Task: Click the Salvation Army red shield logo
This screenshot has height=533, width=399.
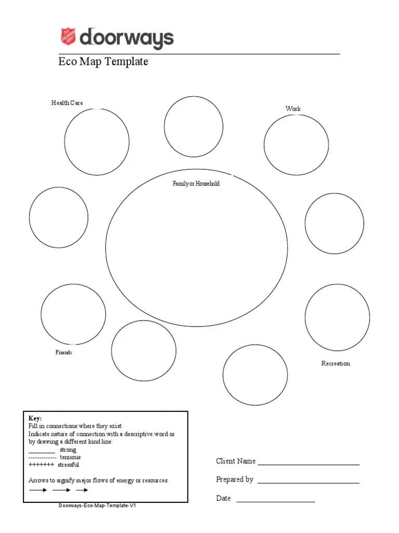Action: [x=68, y=37]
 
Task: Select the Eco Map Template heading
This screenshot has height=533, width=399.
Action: [x=103, y=62]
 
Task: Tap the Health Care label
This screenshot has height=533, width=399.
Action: [x=67, y=103]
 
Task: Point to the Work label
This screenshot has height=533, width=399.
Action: [x=293, y=109]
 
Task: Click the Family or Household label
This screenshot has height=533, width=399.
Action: [x=196, y=184]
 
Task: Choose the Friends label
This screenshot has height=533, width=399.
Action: [x=64, y=352]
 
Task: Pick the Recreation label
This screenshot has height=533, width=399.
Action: [x=336, y=363]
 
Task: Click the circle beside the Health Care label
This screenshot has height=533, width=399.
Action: [x=97, y=142]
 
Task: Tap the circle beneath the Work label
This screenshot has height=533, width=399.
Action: [x=296, y=145]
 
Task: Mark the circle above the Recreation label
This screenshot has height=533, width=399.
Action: [x=337, y=317]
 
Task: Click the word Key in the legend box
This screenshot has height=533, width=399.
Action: [x=35, y=418]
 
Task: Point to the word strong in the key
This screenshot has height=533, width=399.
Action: [x=68, y=450]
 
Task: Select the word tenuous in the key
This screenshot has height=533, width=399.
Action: [x=70, y=457]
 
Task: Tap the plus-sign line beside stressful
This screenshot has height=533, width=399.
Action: [x=41, y=464]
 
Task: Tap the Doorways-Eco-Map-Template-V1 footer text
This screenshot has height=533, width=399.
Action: [x=98, y=505]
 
